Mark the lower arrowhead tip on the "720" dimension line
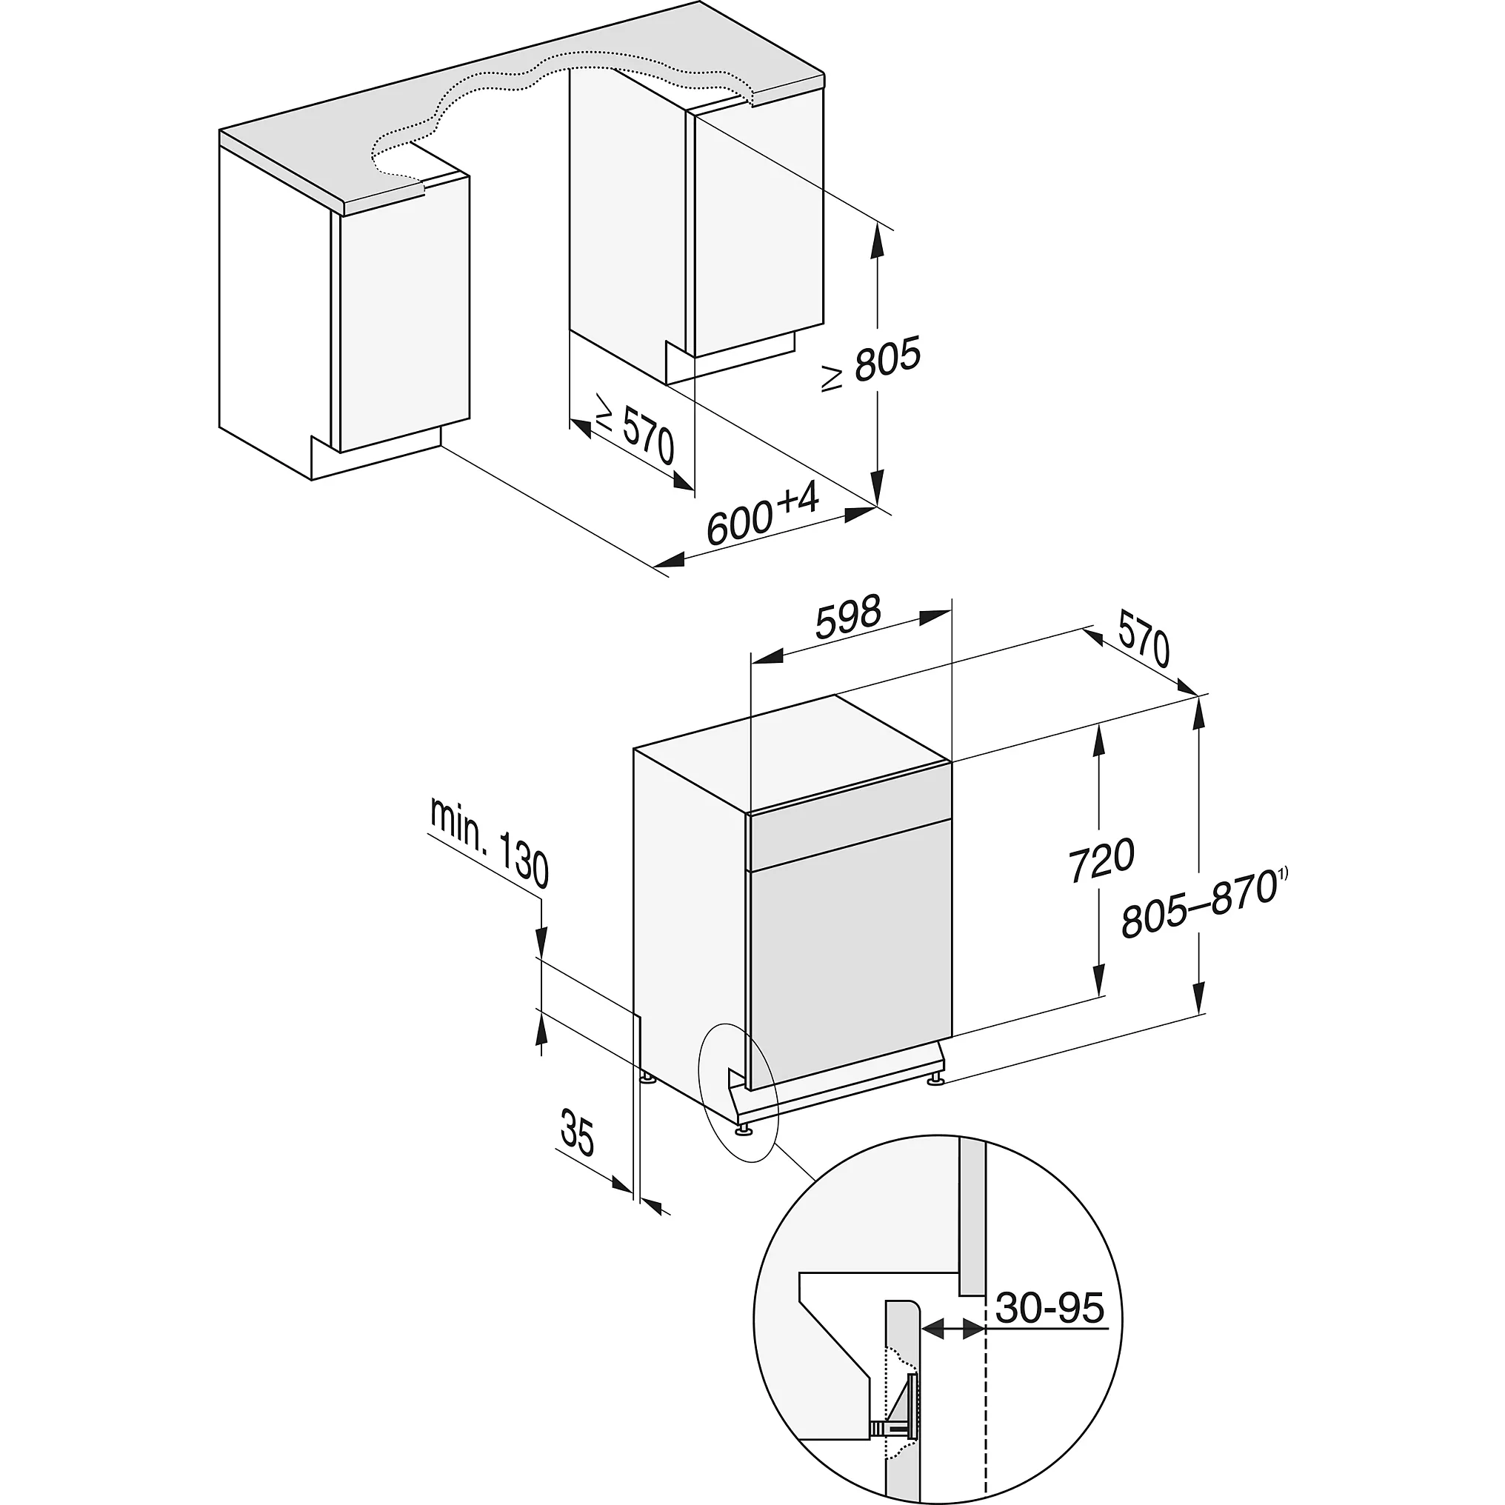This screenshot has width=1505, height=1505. pyautogui.click(x=1098, y=996)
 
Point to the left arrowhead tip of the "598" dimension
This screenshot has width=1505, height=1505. pyautogui.click(x=750, y=662)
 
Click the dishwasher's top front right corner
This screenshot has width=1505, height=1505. pyautogui.click(x=952, y=761)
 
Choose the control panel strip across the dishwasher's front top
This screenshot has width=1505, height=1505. pyautogui.click(x=849, y=839)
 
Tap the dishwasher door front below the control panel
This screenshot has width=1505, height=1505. pyautogui.click(x=849, y=966)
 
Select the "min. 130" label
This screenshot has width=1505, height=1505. pyautogui.click(x=490, y=846)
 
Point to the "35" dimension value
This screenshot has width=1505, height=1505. pyautogui.click(x=577, y=1138)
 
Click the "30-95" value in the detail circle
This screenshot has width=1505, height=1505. pyautogui.click(x=1050, y=1309)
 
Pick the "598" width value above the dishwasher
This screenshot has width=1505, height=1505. pyautogui.click(x=848, y=617)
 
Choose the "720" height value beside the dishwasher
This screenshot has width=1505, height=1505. pyautogui.click(x=1101, y=860)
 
